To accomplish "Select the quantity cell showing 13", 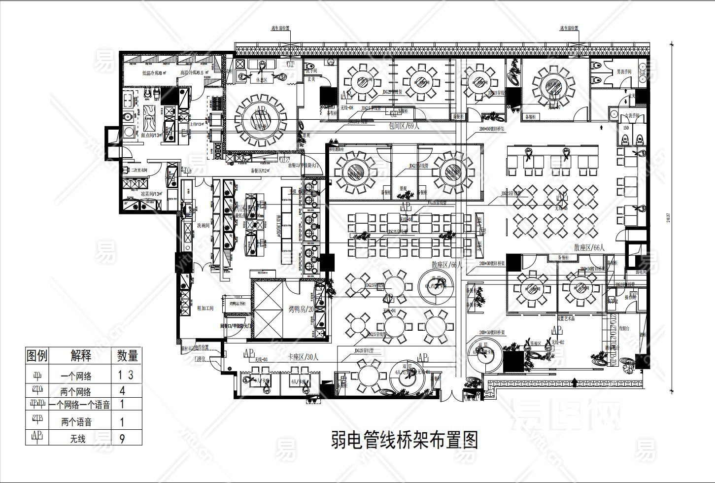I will pos(126,375).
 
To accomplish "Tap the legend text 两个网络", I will pos(76,392).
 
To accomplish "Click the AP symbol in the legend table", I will pos(37,437).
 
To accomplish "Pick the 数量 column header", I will pos(127,355).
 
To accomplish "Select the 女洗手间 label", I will pos(625,114).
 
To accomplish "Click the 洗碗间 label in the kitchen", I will pos(204,225).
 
